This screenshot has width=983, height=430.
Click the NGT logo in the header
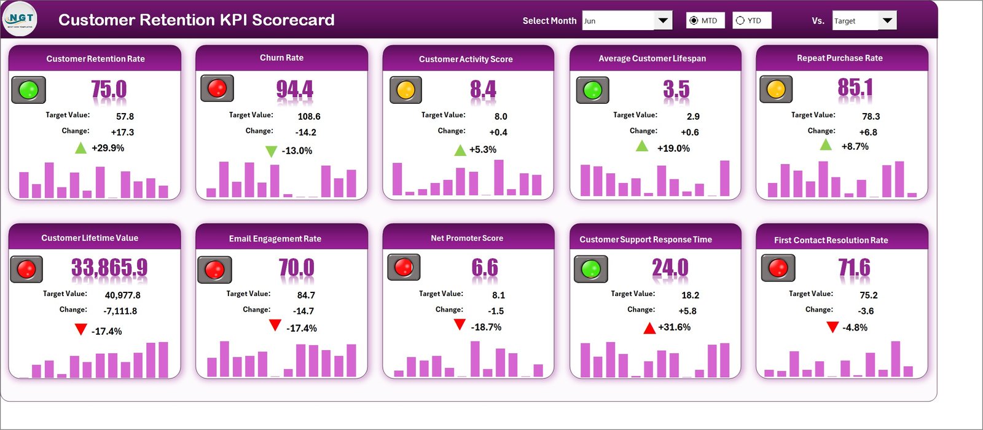click(20, 20)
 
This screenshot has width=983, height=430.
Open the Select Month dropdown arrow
click(663, 21)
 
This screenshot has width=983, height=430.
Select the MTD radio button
click(694, 21)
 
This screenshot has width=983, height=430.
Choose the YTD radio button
click(740, 21)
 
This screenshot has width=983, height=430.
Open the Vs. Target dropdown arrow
click(887, 21)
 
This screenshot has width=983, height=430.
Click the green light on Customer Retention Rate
click(28, 90)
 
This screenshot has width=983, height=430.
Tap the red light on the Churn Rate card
click(217, 88)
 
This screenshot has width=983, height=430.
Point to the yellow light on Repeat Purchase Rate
click(776, 90)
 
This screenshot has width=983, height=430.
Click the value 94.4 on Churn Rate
click(294, 90)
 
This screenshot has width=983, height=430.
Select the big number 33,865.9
click(109, 268)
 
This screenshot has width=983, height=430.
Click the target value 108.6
click(309, 117)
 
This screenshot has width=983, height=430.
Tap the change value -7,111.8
click(120, 311)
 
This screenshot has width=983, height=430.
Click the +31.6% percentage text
click(674, 327)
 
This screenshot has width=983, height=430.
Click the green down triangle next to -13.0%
click(271, 151)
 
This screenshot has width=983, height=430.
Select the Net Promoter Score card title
click(467, 238)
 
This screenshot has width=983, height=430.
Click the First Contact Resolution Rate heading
click(831, 240)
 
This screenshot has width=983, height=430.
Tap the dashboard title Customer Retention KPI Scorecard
click(197, 20)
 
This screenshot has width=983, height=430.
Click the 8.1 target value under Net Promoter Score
click(498, 295)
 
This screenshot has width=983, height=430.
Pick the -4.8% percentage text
click(855, 328)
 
